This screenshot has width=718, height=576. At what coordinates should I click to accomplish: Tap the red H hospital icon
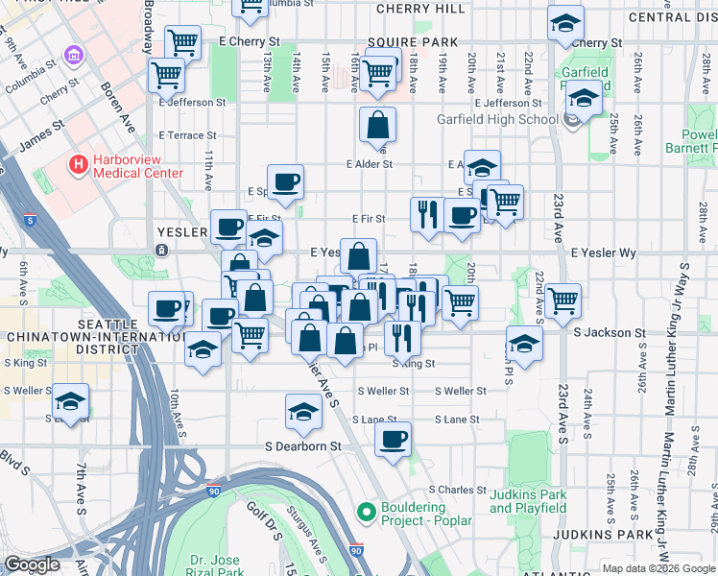pyautogui.click(x=78, y=166)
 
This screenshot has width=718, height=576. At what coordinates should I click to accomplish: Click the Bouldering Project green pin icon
pyautogui.click(x=364, y=514)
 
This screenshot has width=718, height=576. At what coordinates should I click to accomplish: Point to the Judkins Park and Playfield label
pyautogui.click(x=528, y=501)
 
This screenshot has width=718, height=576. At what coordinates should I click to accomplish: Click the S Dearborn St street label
pyautogui.click(x=303, y=446)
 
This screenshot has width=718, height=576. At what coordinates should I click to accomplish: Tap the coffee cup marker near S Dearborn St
pyautogui.click(x=393, y=441)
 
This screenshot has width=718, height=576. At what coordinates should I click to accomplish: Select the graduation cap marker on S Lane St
pyautogui.click(x=304, y=412)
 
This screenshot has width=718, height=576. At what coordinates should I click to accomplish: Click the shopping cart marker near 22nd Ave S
pyautogui.click(x=562, y=300)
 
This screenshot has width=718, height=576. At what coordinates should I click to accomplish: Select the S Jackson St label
pyautogui.click(x=609, y=333)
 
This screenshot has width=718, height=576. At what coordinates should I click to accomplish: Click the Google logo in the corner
pyautogui.click(x=32, y=564)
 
